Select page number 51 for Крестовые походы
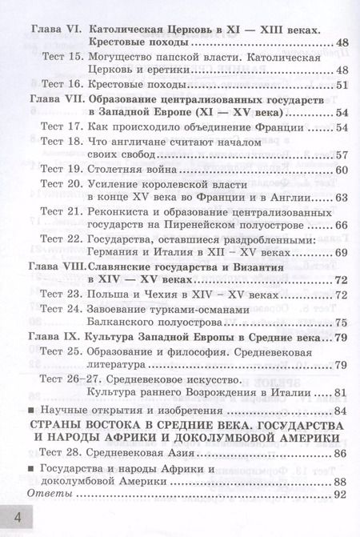tap(341, 86)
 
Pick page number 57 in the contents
tap(341, 155)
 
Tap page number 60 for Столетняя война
tap(341, 170)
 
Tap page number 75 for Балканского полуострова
tap(341, 323)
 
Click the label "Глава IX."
tap(54, 337)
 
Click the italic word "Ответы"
tap(50, 495)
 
